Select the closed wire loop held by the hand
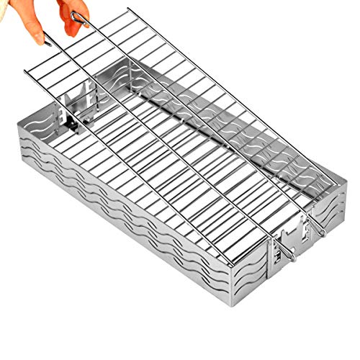click(x=80, y=19)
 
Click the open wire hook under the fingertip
click(x=45, y=39)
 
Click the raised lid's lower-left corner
click(x=26, y=72)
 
